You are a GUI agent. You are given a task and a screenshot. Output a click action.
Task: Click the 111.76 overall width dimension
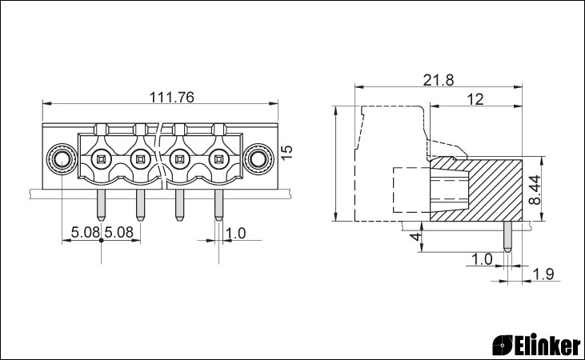coord(171,97)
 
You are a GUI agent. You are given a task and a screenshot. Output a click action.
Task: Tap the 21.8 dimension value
coord(439,80)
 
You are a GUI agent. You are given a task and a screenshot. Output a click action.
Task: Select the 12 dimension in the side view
coord(475,99)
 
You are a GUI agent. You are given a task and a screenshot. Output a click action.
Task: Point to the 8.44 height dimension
coord(535,190)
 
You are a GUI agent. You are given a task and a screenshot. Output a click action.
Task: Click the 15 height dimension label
coord(286,153)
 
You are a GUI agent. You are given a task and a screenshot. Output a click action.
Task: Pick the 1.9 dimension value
coord(543,274)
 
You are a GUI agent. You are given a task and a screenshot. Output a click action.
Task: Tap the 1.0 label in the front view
coord(236,233)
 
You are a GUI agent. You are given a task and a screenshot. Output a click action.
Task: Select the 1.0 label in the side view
coord(482,259)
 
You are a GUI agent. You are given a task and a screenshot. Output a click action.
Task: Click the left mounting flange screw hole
coord(61,160)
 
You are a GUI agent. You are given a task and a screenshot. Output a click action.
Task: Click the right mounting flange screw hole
coord(258,160)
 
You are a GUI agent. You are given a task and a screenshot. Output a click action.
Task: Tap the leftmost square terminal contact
coord(101,160)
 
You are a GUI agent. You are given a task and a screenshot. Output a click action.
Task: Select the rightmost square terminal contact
coord(218,160)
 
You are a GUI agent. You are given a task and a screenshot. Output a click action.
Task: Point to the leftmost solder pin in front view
coord(101,205)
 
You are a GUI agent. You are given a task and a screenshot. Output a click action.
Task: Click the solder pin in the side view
coord(507,237)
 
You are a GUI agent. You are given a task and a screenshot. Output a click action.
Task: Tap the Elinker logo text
coord(536,345)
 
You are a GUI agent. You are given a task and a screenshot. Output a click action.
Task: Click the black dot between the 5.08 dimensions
coord(101,240)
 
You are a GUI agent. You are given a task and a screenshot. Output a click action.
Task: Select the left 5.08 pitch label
coord(86,233)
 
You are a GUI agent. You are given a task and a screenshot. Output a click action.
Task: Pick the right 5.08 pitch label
coord(118,233)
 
